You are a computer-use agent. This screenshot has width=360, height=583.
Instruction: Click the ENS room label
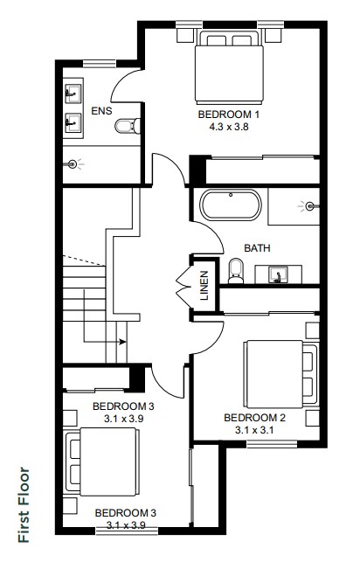(101, 110)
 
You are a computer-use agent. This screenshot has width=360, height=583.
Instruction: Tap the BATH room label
(257, 248)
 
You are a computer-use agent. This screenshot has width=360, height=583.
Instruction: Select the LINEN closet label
(204, 286)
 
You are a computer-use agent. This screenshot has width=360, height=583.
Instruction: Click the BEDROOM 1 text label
(228, 115)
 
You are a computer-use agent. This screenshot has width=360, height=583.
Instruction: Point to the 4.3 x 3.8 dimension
(228, 127)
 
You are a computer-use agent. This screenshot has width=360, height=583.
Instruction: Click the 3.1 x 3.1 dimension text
(254, 430)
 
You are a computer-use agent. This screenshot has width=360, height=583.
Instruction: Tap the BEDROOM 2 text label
(254, 418)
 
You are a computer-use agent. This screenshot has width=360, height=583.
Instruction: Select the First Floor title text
(24, 504)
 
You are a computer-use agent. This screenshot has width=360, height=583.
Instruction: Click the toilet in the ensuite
(128, 126)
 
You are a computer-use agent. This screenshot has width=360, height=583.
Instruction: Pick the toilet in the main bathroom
(236, 271)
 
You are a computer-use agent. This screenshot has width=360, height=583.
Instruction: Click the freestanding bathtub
(231, 205)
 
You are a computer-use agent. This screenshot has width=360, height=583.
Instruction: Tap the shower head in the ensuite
(73, 163)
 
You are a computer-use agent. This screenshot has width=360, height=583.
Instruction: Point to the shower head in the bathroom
(309, 205)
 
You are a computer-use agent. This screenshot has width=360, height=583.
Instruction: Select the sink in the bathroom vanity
(278, 274)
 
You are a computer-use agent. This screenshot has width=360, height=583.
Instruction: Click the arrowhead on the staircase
(122, 342)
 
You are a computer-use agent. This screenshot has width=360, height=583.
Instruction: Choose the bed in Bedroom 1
(229, 67)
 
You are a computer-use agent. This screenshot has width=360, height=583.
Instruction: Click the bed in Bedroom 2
(280, 374)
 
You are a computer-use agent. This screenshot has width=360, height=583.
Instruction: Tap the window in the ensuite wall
(100, 64)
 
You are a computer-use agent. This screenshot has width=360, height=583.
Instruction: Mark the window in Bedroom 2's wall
(272, 444)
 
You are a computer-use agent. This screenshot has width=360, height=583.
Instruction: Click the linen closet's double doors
(183, 285)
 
